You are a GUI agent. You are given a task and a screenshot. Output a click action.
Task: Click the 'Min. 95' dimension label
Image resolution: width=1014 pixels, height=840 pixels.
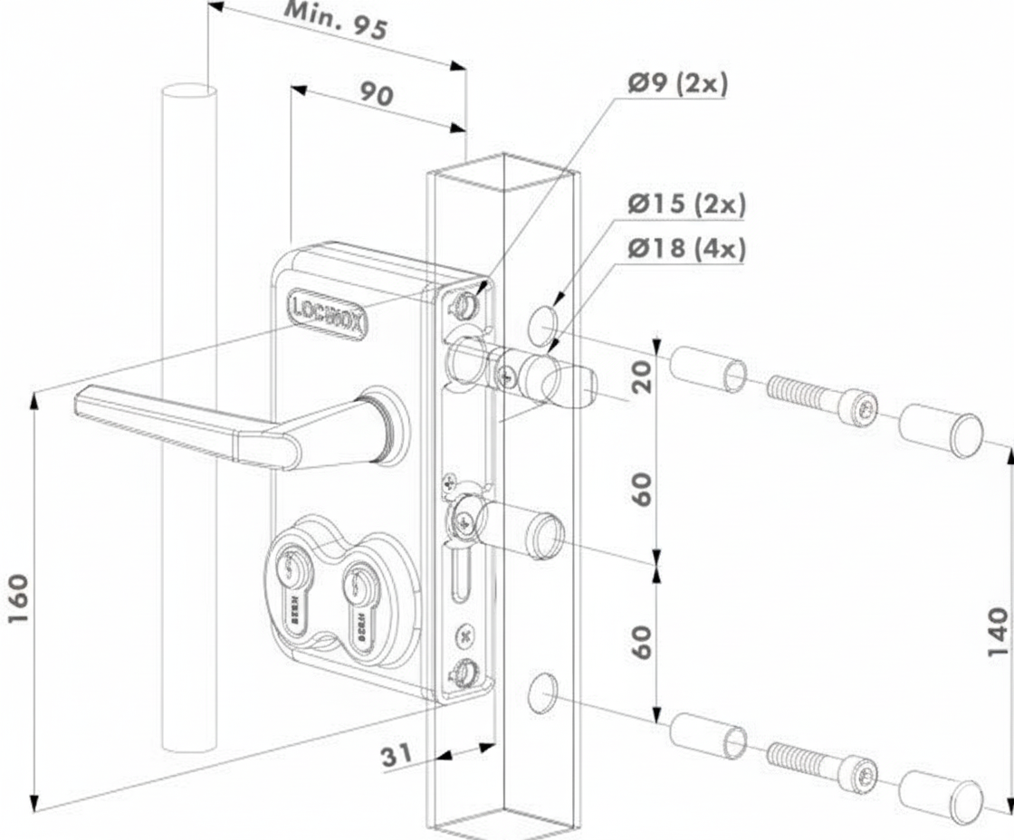(336, 21)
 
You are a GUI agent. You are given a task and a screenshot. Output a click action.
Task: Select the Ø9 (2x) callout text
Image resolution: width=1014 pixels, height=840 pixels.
(677, 84)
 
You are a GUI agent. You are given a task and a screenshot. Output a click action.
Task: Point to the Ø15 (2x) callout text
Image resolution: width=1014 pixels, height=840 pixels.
(687, 205)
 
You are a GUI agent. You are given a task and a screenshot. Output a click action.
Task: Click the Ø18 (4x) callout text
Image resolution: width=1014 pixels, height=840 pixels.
(687, 248)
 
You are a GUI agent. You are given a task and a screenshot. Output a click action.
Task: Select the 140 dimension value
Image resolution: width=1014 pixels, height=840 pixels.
(996, 633)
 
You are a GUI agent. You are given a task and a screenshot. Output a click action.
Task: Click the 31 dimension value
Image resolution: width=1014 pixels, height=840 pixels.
(397, 755)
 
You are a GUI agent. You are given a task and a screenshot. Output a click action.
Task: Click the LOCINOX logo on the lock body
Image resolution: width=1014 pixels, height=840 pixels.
(327, 313)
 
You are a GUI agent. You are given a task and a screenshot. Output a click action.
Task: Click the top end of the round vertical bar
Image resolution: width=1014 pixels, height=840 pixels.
(189, 92)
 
